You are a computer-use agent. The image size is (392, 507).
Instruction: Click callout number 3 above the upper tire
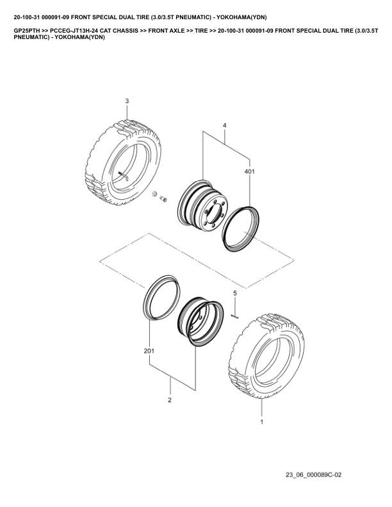click(x=127, y=101)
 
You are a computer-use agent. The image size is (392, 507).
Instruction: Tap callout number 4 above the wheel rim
click(x=224, y=125)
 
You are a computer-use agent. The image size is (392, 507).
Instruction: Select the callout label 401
click(x=249, y=172)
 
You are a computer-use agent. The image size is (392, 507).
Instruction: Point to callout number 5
click(x=235, y=293)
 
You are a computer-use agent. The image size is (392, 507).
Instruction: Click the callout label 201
click(x=149, y=351)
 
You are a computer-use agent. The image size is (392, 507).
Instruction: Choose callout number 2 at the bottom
click(x=170, y=400)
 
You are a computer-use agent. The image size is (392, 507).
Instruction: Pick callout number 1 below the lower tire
click(x=262, y=422)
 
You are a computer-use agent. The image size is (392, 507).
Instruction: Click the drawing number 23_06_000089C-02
click(x=313, y=475)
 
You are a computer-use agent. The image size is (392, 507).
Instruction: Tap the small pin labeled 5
click(x=235, y=316)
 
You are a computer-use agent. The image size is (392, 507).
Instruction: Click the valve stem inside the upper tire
click(x=123, y=175)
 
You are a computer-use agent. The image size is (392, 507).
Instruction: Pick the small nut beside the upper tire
click(x=154, y=194)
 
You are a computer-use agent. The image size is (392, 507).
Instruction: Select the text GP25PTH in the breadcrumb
click(x=27, y=31)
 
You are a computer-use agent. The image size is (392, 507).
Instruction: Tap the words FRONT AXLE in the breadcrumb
click(x=167, y=31)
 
